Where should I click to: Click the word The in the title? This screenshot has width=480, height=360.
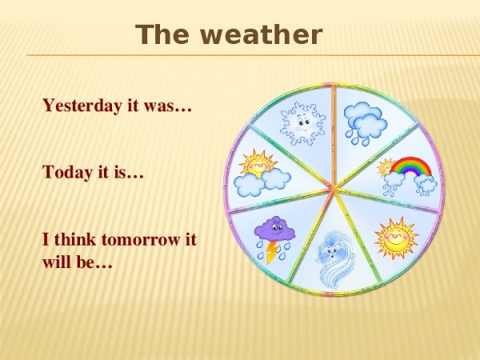coord(159,35)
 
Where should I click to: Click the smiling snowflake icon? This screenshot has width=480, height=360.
coord(302,122)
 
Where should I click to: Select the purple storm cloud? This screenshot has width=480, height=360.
coord(274,231)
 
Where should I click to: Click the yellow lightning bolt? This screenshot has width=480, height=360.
coord(273,252)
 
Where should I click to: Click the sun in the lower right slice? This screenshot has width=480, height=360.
coord(396,237)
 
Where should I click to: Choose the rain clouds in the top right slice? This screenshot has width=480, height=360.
coord(366,122)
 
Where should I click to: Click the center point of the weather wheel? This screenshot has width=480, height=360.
coord(334,189)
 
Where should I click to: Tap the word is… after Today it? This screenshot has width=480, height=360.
coord(131,171)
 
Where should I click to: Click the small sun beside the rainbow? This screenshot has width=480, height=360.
coord(386,166)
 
